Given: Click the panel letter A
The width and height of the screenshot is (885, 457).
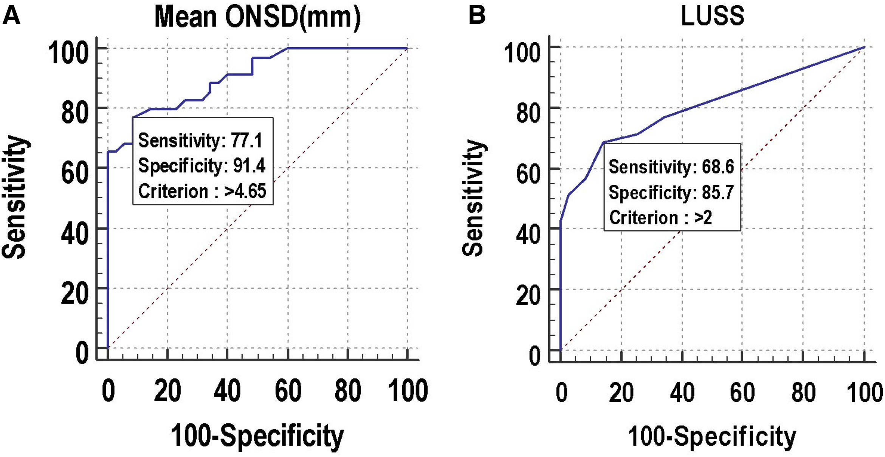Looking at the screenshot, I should point(11,16).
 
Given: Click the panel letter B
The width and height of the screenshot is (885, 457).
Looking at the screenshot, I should point(477,16).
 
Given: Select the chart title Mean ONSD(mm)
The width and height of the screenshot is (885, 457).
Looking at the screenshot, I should point(257,17).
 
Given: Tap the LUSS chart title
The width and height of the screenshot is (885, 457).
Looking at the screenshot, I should point(712,16).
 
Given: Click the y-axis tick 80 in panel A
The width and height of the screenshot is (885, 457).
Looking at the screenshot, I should point(74,113).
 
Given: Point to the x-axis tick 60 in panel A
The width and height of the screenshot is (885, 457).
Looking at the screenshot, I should point(288,391).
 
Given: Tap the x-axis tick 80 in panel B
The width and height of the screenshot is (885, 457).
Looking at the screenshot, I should point(803,393).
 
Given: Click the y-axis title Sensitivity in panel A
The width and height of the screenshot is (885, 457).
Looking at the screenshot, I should point(14,196).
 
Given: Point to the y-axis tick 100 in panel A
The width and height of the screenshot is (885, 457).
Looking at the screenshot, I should point(68,52).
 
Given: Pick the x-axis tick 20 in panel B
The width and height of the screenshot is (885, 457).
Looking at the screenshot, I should point(622,393).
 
